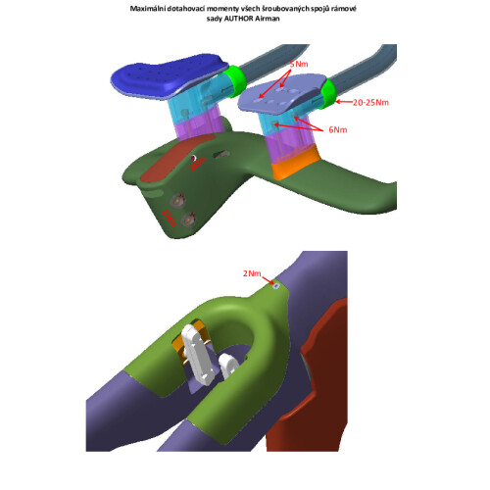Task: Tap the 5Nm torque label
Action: pyautogui.click(x=301, y=64)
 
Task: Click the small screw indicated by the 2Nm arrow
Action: pyautogui.click(x=277, y=285)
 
